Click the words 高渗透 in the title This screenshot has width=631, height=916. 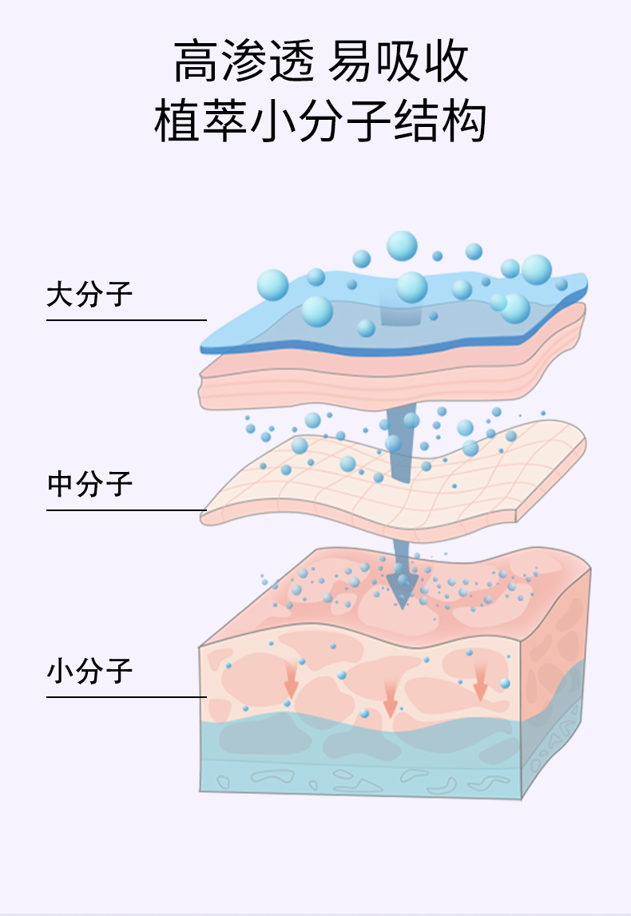coord(244,62)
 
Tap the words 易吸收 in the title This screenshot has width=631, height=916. coord(399,62)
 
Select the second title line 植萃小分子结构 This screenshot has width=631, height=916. coord(320,122)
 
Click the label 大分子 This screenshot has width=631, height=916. coord(89,295)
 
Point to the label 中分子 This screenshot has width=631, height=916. coord(89,484)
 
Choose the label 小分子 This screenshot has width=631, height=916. coord(89,671)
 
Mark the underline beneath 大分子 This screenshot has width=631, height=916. coord(126,320)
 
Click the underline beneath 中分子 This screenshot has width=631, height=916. coord(126,510)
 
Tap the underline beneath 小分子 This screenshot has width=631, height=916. coord(126,697)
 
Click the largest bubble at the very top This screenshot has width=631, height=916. coord(402,246)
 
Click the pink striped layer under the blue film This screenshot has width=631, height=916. coord(383,375)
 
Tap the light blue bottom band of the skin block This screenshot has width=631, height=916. coord(359,767)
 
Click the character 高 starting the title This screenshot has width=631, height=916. coord(194,62)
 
